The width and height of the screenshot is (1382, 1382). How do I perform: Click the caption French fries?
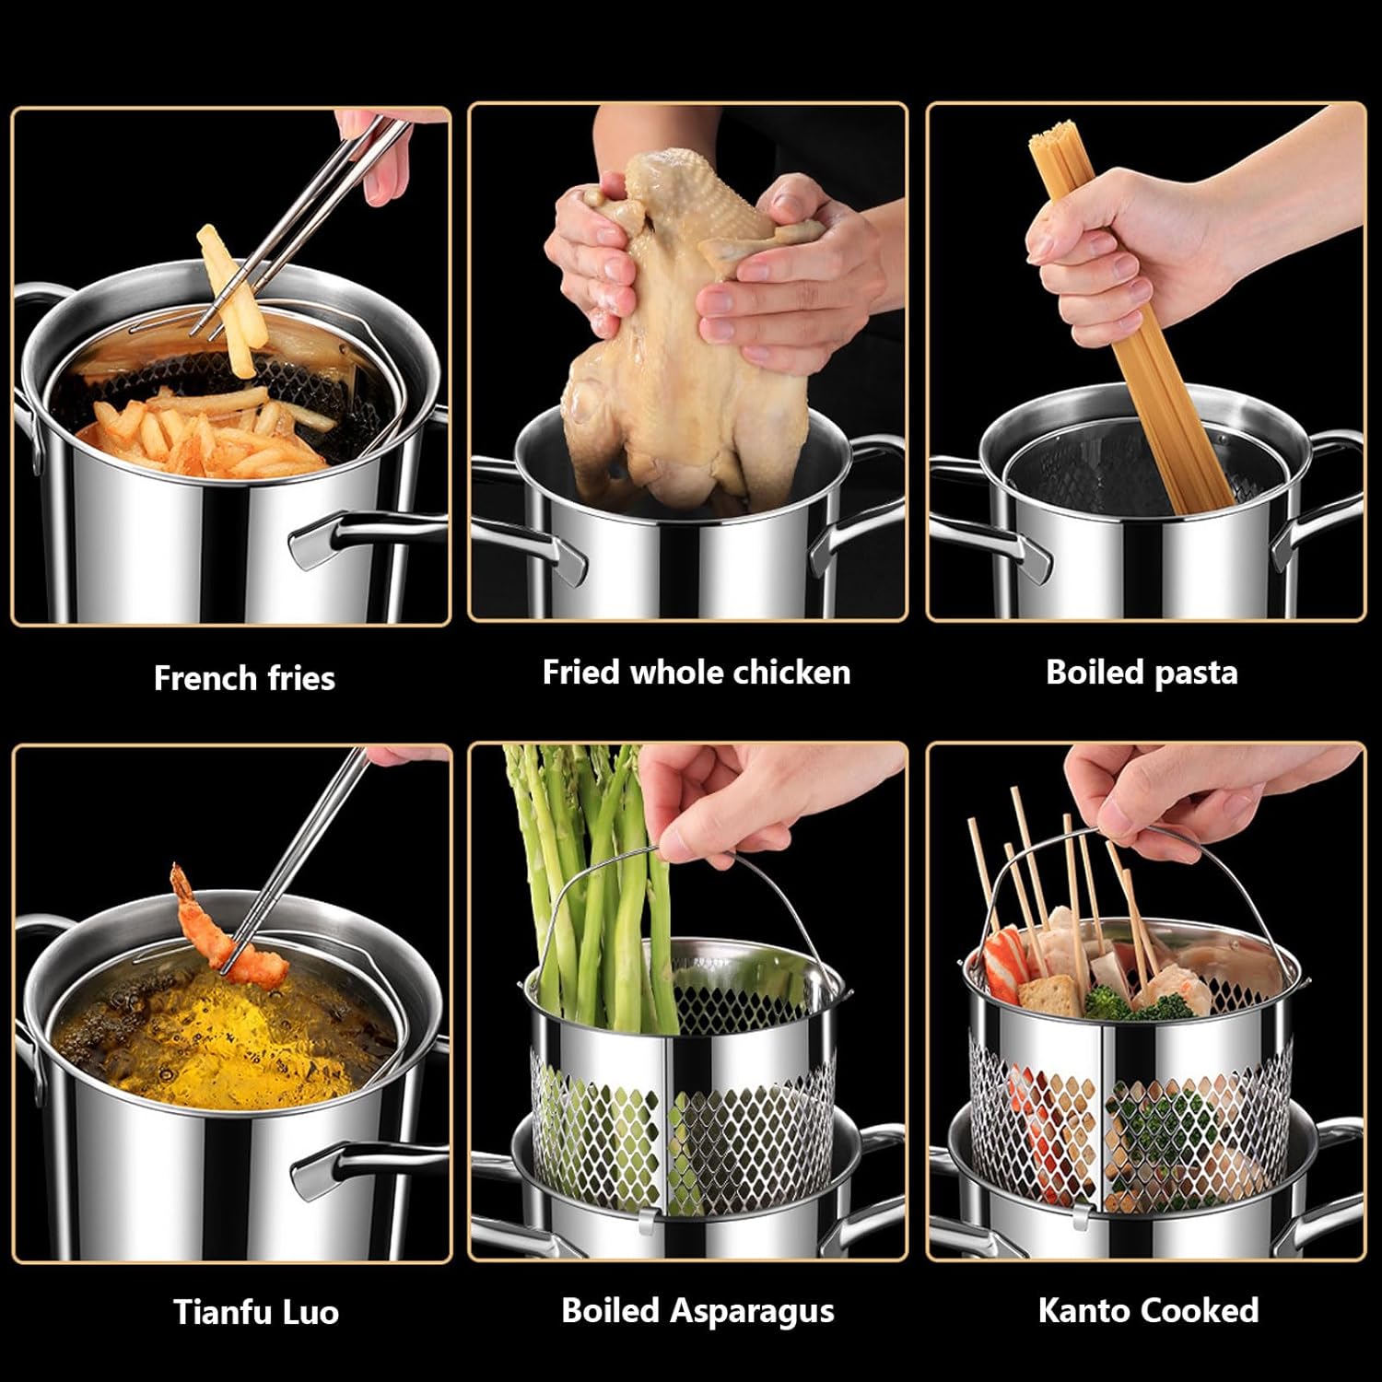pos(244,678)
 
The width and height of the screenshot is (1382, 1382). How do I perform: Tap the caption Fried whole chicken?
pos(696,672)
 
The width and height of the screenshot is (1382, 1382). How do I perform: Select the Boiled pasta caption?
pos(1142,672)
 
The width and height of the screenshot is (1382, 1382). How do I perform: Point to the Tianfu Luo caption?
pos(256,1311)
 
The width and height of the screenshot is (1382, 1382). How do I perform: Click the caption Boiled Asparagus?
pos(697,1310)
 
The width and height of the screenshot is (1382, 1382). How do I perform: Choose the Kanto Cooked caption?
pos(1148,1309)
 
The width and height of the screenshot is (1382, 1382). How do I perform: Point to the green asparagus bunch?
pos(590,884)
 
